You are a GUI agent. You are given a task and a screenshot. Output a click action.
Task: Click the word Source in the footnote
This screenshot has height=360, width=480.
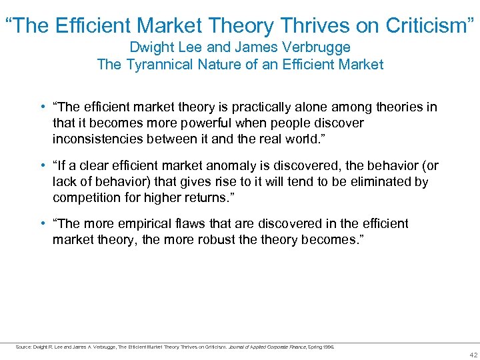click(x=23, y=347)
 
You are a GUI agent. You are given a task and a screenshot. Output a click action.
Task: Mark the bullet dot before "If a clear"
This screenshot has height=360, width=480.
click(x=43, y=166)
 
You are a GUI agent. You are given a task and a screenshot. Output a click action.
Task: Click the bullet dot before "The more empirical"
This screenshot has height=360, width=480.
click(x=43, y=224)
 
